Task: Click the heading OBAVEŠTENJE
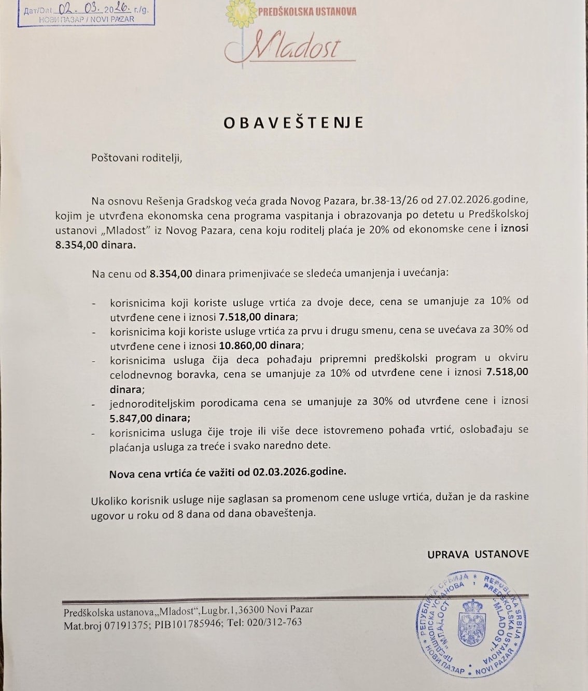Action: [293, 123]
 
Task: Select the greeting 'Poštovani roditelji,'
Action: [137, 158]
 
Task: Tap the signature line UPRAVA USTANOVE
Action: [478, 554]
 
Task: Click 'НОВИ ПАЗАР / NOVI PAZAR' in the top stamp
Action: [87, 19]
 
